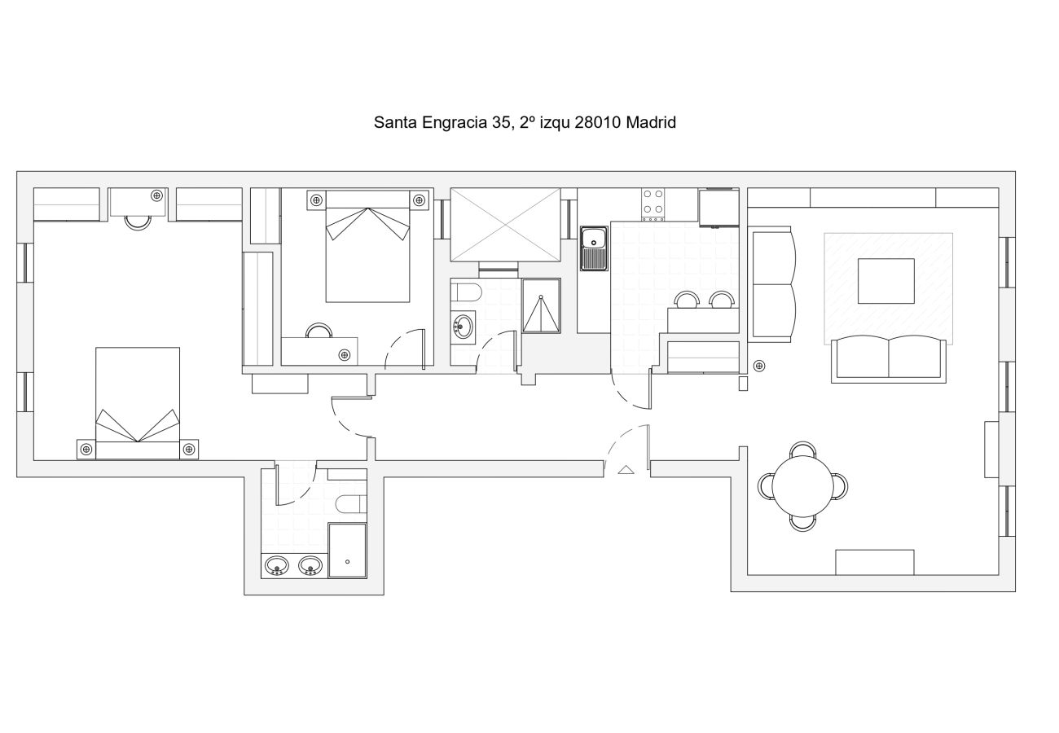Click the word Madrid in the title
[x=651, y=122]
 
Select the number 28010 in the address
[x=597, y=122]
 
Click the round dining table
[x=802, y=486]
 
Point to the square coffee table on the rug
[x=886, y=281]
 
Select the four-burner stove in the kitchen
[x=653, y=204]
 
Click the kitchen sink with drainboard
[x=594, y=248]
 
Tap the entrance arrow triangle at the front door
[x=626, y=469]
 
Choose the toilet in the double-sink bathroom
[x=351, y=504]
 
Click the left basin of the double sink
[x=277, y=565]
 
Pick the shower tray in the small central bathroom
[x=542, y=305]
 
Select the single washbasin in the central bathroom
[x=463, y=327]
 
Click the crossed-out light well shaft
[x=505, y=225]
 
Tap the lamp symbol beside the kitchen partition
[x=759, y=366]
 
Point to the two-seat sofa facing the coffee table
[x=889, y=359]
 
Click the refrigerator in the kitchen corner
[x=719, y=207]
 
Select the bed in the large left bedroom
[x=138, y=403]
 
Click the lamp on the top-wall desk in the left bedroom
[x=157, y=195]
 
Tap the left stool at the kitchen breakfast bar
[x=687, y=300]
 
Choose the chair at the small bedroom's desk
[x=319, y=331]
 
